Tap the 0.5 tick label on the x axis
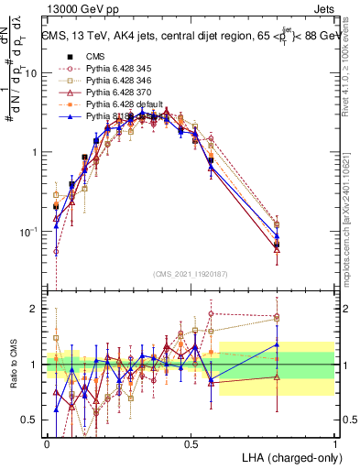(191, 442)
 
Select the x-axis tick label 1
(335, 442)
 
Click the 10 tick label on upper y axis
(32, 73)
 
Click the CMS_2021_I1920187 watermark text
(191, 272)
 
